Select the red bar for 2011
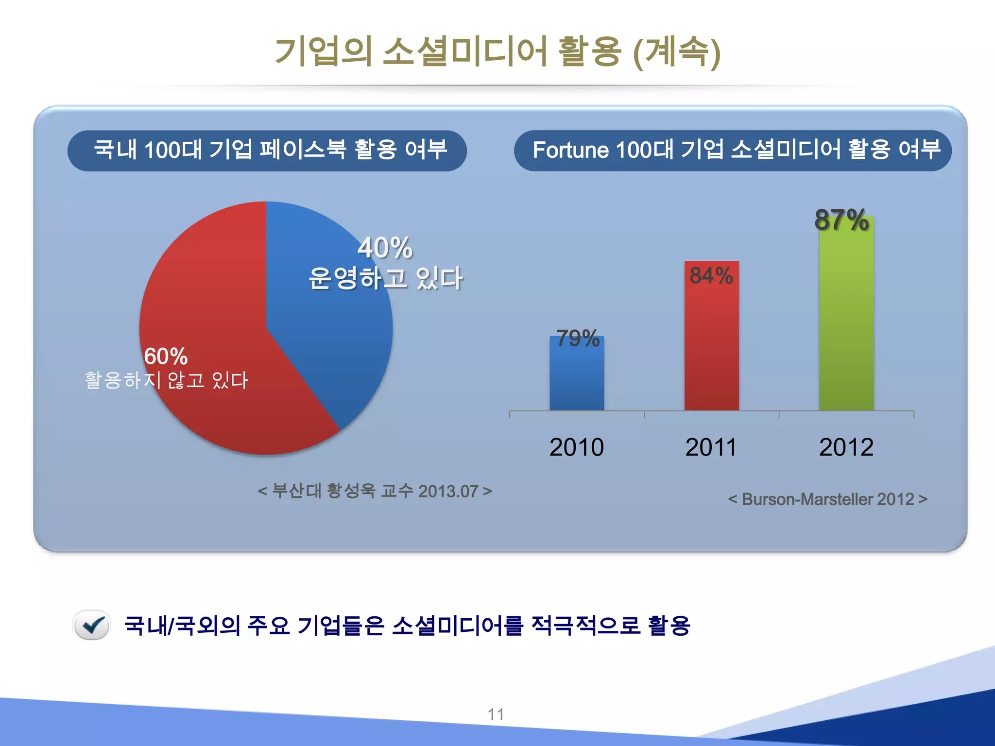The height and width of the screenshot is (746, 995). coord(711,345)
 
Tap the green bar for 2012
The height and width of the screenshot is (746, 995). coord(846,321)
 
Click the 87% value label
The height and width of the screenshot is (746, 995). coord(841,220)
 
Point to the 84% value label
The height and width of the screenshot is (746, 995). coord(711,276)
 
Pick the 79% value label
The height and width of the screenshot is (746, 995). coord(578,339)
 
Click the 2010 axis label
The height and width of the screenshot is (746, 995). coord(577,447)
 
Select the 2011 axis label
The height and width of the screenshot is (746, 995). coord(711,447)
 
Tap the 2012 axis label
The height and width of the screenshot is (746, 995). coord(846,447)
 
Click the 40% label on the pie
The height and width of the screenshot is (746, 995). coord(385,248)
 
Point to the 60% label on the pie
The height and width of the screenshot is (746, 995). coord(166,357)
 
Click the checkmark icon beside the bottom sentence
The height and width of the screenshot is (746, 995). coord(92,625)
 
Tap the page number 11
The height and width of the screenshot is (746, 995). coord(496,714)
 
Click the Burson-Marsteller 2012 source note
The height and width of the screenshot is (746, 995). coord(828,499)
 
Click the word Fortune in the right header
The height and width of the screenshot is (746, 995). coord(570,150)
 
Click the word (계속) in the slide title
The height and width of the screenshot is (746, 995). coord(677,52)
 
